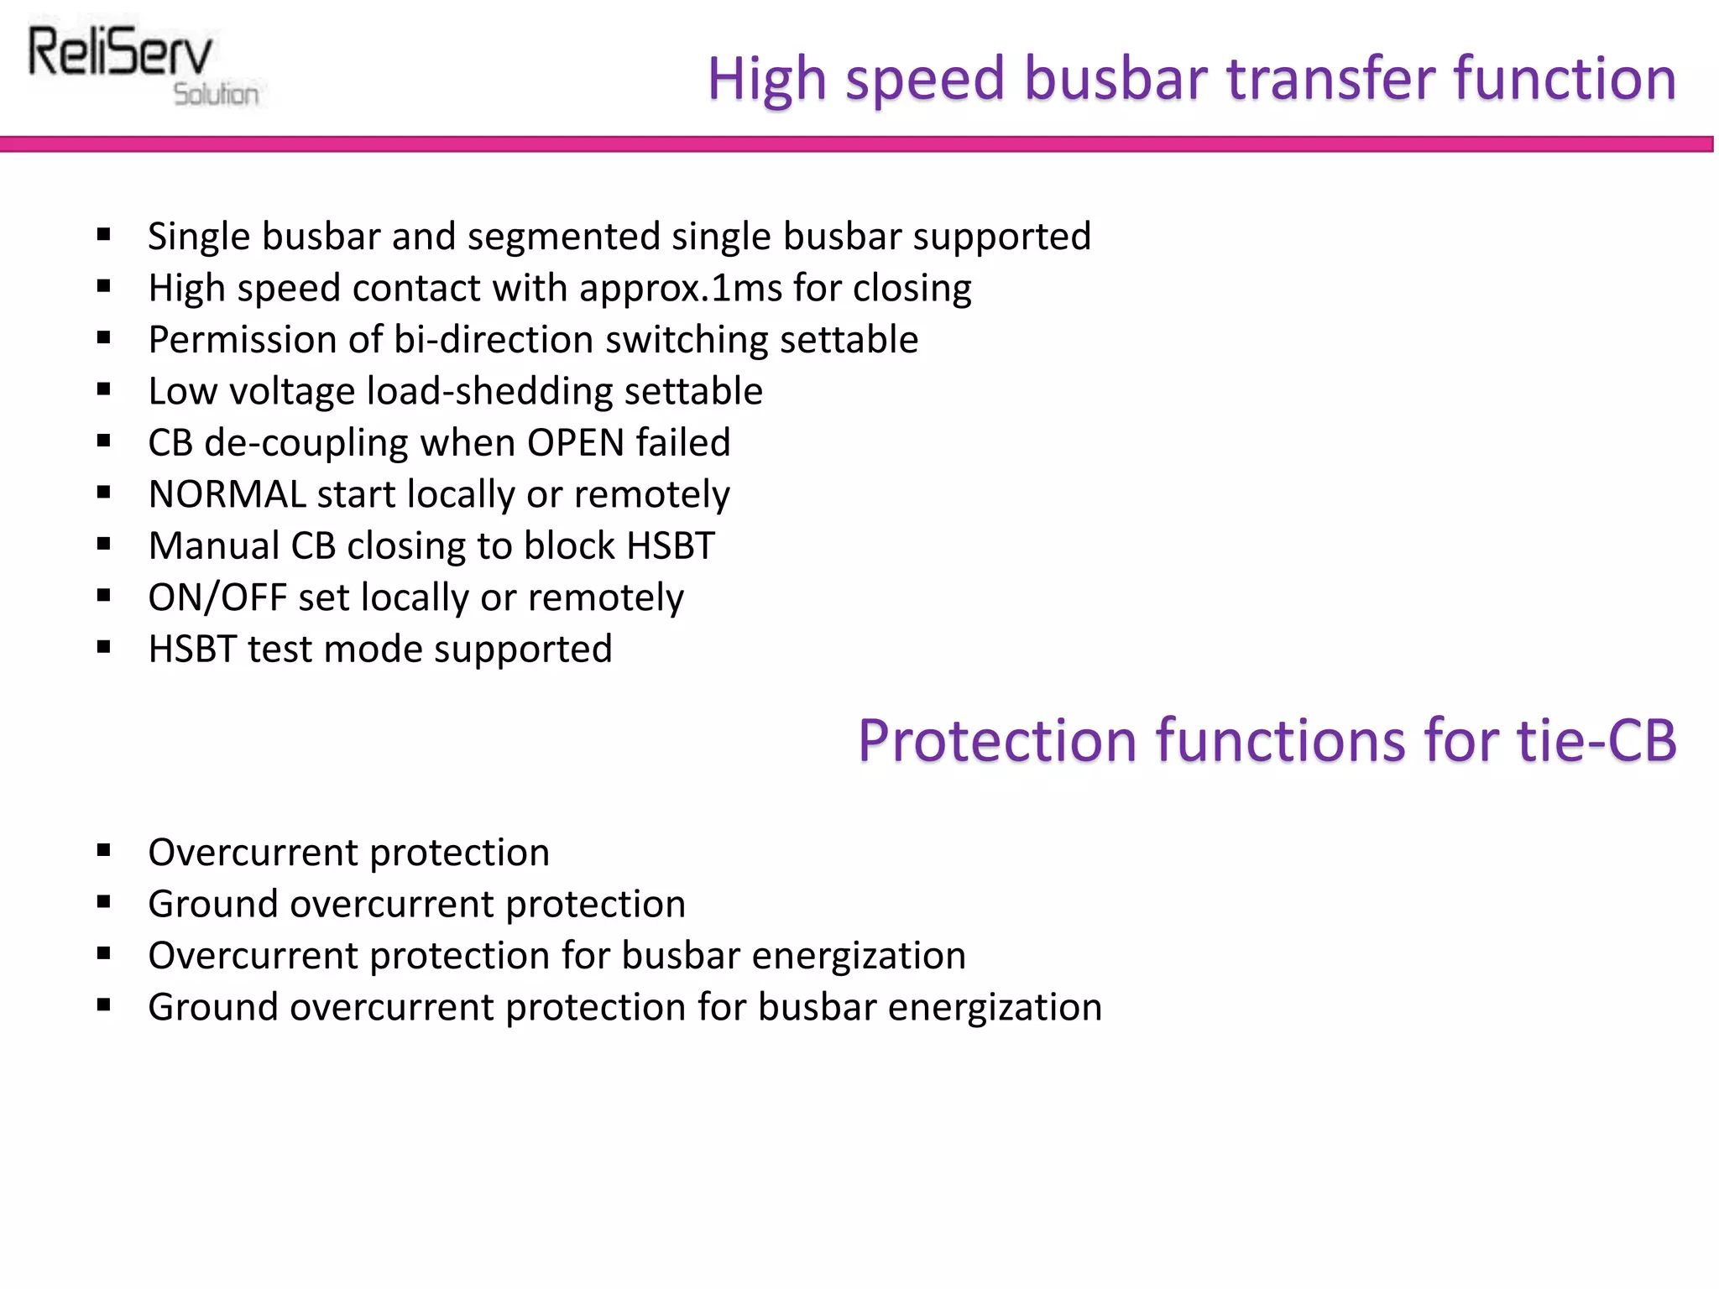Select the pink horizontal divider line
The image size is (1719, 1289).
point(856,144)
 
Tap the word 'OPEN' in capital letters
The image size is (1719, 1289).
point(575,443)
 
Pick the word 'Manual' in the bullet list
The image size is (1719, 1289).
point(213,546)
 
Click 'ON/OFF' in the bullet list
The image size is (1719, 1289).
point(217,598)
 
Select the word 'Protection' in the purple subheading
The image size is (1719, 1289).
point(997,741)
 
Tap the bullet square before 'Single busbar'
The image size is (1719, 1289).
point(104,235)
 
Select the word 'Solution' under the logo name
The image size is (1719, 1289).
point(216,95)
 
